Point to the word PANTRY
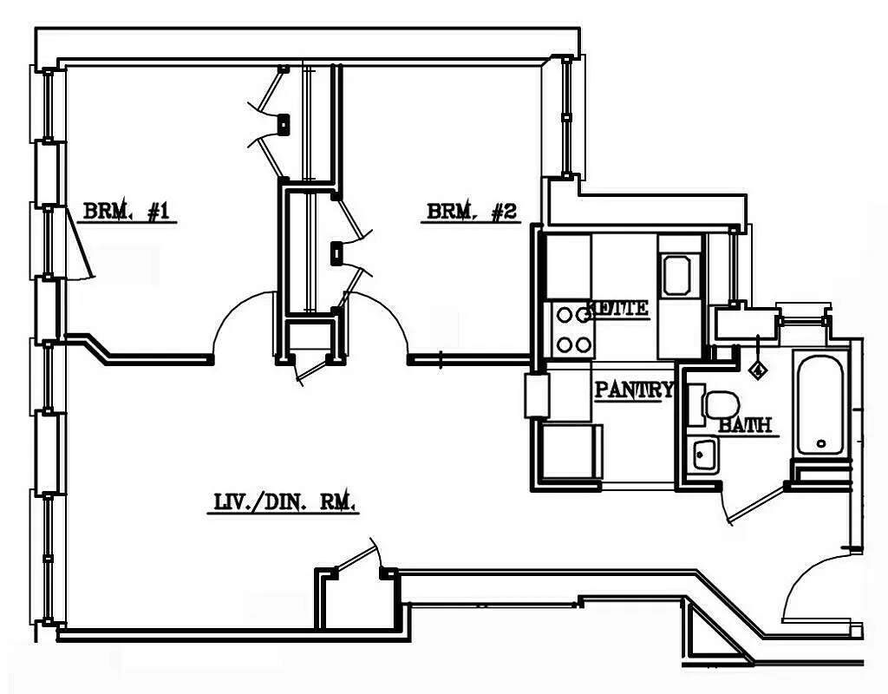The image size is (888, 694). point(633,390)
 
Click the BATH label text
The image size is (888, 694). point(745,426)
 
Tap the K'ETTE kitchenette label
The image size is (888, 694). point(617,308)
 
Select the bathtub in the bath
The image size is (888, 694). point(819,403)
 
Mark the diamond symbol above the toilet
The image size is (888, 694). point(759,370)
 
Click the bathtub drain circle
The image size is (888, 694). point(821,444)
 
